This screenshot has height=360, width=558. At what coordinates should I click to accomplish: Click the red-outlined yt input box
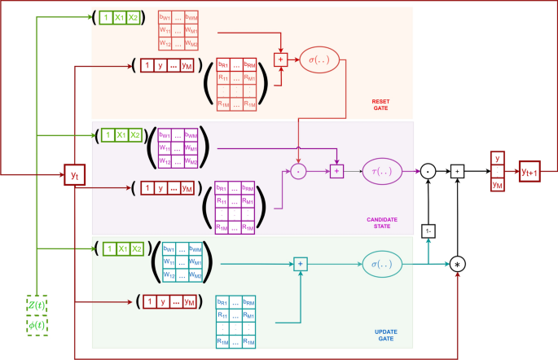[x=75, y=174]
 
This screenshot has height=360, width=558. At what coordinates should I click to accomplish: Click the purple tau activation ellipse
[x=384, y=170]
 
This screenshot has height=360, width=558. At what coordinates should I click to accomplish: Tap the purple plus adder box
[x=336, y=170]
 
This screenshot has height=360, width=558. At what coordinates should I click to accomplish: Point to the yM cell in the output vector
[x=498, y=186]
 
